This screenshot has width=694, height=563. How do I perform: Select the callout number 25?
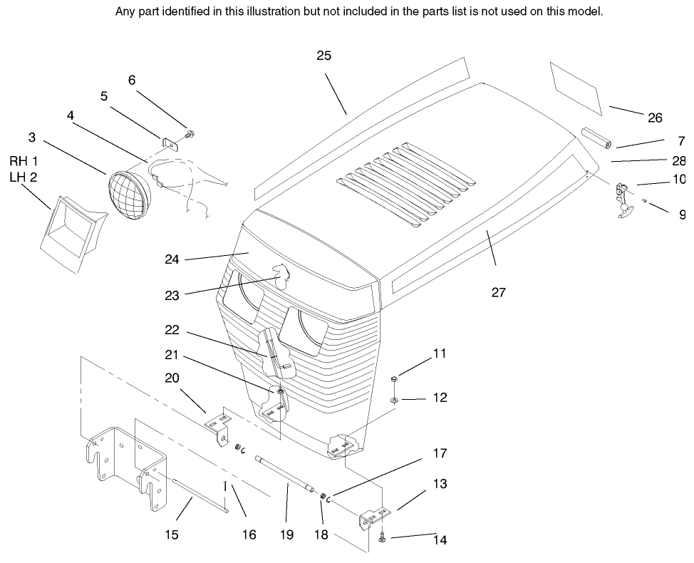click(x=324, y=56)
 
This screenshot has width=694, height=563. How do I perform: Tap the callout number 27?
click(x=498, y=291)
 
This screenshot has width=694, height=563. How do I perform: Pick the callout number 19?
click(x=287, y=534)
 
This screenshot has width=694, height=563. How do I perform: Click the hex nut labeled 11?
click(x=395, y=379)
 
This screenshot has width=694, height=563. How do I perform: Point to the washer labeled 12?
click(x=395, y=401)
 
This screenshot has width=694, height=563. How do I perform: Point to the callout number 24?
click(x=171, y=260)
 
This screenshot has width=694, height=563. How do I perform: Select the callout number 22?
click(x=171, y=331)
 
